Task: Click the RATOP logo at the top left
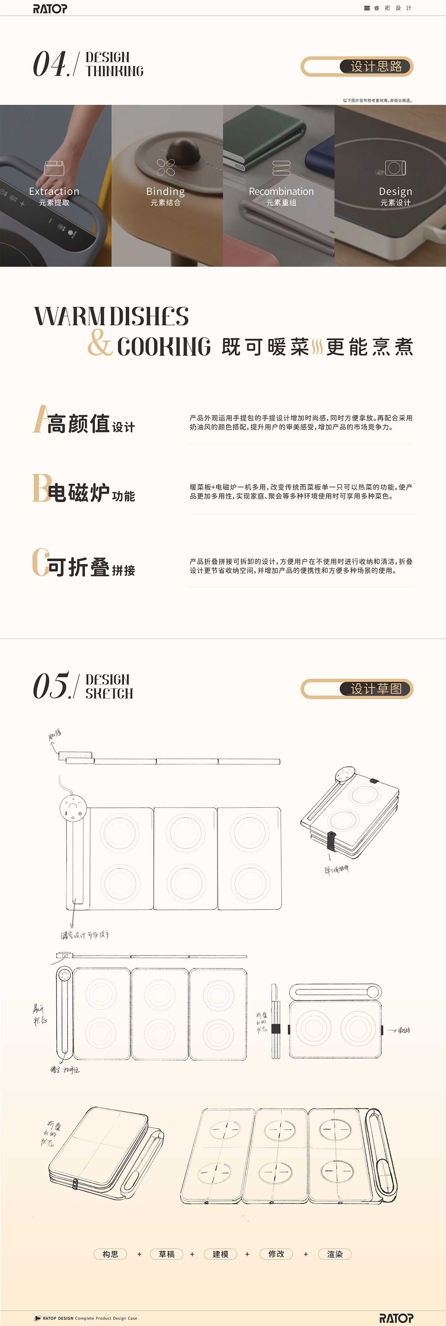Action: (x=50, y=8)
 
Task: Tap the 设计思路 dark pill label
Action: (x=376, y=67)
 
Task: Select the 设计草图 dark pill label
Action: (x=376, y=689)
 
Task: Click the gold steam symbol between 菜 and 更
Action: (x=317, y=347)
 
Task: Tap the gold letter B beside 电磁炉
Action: (x=40, y=488)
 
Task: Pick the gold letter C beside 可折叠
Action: (x=40, y=562)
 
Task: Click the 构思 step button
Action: (x=110, y=1254)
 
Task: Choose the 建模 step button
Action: (x=221, y=1254)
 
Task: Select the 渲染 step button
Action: (x=335, y=1254)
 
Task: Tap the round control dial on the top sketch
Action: (x=72, y=808)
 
